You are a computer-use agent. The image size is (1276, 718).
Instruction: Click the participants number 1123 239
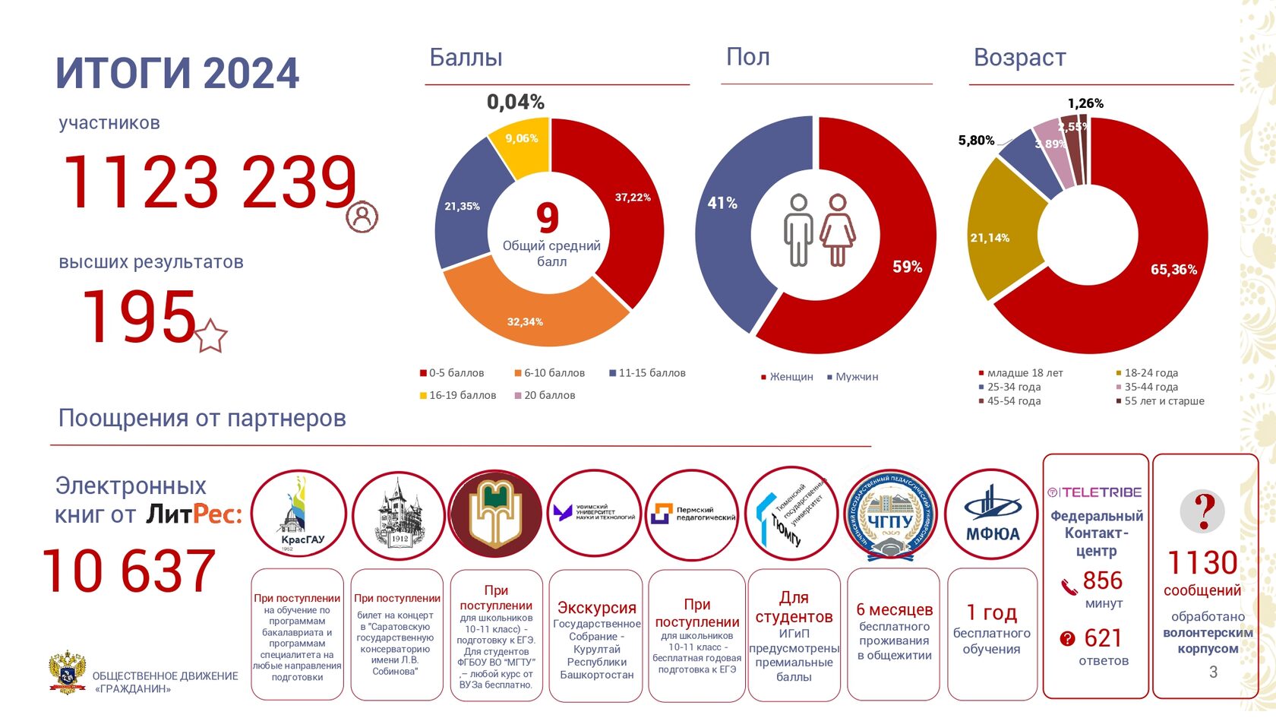[210, 182]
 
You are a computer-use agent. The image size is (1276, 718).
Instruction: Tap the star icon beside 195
[211, 336]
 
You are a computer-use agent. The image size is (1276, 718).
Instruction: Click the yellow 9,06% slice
[521, 144]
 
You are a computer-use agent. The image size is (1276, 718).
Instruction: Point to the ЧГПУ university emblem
[891, 515]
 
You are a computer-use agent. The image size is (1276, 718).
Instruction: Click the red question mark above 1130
[1203, 512]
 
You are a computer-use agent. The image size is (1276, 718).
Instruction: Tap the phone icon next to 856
[1069, 585]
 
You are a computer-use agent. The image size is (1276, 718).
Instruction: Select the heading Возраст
[1019, 58]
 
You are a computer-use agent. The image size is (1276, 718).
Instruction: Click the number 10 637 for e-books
[129, 571]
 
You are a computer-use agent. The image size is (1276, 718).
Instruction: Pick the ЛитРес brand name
[194, 514]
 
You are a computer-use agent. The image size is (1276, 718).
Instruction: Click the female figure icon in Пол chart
[838, 229]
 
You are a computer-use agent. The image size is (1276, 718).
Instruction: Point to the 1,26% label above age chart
[1085, 103]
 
